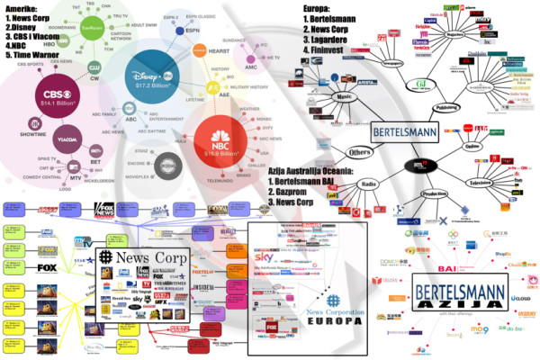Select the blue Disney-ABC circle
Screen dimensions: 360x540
(145, 80)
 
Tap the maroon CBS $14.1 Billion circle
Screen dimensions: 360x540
(58, 100)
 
